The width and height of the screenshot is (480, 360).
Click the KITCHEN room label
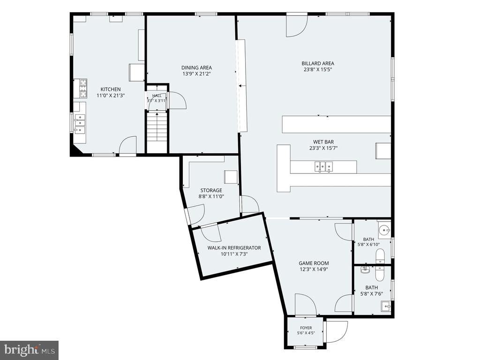click(x=111, y=90)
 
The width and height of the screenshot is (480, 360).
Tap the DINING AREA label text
click(x=196, y=67)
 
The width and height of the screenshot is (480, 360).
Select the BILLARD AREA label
click(x=318, y=63)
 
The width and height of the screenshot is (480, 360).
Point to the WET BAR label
click(x=323, y=142)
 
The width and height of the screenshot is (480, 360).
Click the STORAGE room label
click(x=211, y=190)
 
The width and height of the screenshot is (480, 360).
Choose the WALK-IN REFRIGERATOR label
click(x=234, y=247)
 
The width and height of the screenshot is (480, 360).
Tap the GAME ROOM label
click(x=314, y=263)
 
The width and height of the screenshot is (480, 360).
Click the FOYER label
click(x=306, y=328)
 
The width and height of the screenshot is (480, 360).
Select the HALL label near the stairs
click(x=157, y=96)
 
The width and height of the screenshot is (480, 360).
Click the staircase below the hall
click(x=157, y=131)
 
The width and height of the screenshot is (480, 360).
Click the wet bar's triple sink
click(x=323, y=166)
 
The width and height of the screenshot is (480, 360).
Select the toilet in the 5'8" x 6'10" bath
click(x=380, y=256)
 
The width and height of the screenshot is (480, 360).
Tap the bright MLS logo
click(x=29, y=349)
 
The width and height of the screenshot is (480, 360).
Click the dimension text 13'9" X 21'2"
click(x=196, y=74)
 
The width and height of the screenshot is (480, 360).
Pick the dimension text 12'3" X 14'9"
click(x=314, y=270)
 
